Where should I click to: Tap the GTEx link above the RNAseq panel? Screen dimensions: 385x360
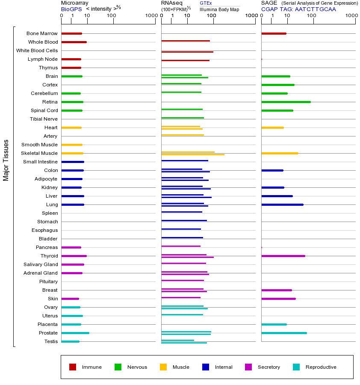[206, 3]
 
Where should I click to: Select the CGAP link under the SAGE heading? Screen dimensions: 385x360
[269, 9]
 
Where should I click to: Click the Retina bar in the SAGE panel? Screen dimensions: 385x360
[286, 102]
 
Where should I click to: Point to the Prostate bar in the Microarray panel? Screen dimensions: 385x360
[75, 333]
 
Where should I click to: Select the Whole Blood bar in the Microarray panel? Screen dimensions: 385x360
[74, 42]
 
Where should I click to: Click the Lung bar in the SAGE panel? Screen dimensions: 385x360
[282, 204]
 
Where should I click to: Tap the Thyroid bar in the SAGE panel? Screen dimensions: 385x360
[283, 256]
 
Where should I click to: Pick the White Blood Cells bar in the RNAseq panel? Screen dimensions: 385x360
[187, 52]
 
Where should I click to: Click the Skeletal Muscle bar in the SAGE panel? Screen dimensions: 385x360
[280, 153]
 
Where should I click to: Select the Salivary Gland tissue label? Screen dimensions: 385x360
[41, 264]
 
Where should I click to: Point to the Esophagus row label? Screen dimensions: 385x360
[44, 230]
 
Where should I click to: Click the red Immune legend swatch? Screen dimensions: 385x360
[73, 367]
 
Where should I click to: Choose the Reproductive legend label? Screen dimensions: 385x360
[321, 367]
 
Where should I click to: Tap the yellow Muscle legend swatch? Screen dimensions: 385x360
[163, 367]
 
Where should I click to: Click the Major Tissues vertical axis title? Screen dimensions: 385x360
[6, 160]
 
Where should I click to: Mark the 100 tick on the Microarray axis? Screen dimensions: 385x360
[112, 16]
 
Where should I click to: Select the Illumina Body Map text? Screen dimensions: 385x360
[219, 9]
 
